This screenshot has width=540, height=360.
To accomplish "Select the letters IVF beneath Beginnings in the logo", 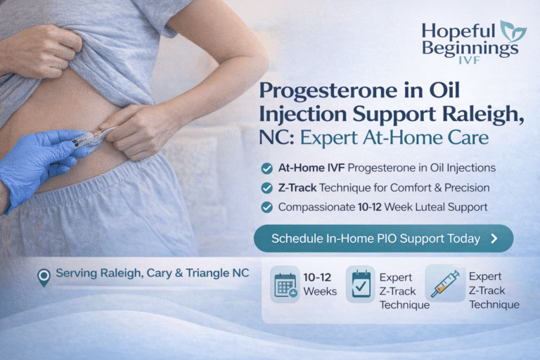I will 469,62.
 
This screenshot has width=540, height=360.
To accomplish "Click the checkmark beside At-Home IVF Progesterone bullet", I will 266,169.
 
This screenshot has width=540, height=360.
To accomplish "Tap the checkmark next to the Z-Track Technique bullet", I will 266,188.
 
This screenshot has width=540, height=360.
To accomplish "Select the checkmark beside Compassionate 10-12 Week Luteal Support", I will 266,207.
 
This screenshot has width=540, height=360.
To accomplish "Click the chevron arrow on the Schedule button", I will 494,238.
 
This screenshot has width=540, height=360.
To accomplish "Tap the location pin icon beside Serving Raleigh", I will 44,276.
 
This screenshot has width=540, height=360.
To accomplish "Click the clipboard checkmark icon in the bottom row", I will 361,285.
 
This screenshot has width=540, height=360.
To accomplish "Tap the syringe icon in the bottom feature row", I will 444,283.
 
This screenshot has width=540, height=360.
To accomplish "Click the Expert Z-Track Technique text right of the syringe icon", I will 494,290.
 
